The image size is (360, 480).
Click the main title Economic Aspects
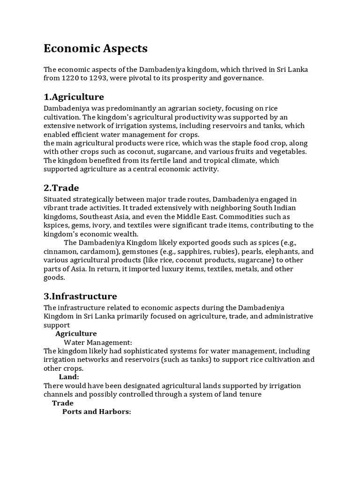tap(96, 48)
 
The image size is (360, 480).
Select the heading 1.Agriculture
tap(74, 97)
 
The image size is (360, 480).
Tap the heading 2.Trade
tap(61, 188)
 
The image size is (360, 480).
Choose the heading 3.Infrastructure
tap(80, 296)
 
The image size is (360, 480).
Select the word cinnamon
tap(60, 251)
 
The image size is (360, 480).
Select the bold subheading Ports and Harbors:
tap(97, 412)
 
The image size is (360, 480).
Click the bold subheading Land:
tap(69, 377)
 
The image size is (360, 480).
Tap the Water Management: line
tap(98, 342)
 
